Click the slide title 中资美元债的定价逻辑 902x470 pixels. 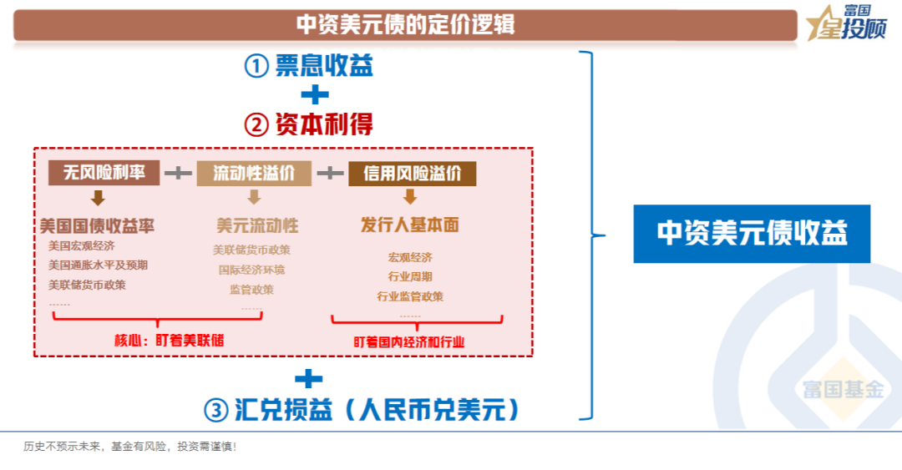(x=405, y=25)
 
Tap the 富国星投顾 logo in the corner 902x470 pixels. (x=851, y=23)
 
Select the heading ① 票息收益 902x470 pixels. (x=308, y=65)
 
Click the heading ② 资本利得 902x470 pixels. (x=308, y=124)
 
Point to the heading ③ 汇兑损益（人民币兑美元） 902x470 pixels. (x=362, y=410)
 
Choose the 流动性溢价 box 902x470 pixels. (x=254, y=174)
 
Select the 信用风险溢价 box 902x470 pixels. (x=412, y=174)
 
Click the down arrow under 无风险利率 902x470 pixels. (x=98, y=199)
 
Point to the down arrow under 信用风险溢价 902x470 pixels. (x=409, y=197)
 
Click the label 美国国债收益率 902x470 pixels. (x=97, y=226)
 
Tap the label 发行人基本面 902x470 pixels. (x=409, y=225)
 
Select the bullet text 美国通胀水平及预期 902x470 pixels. (x=98, y=265)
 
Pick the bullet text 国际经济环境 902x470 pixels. (x=251, y=270)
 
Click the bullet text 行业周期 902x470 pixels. (x=410, y=276)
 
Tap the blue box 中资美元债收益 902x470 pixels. (x=751, y=233)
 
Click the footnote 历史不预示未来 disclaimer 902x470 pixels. (x=129, y=447)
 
